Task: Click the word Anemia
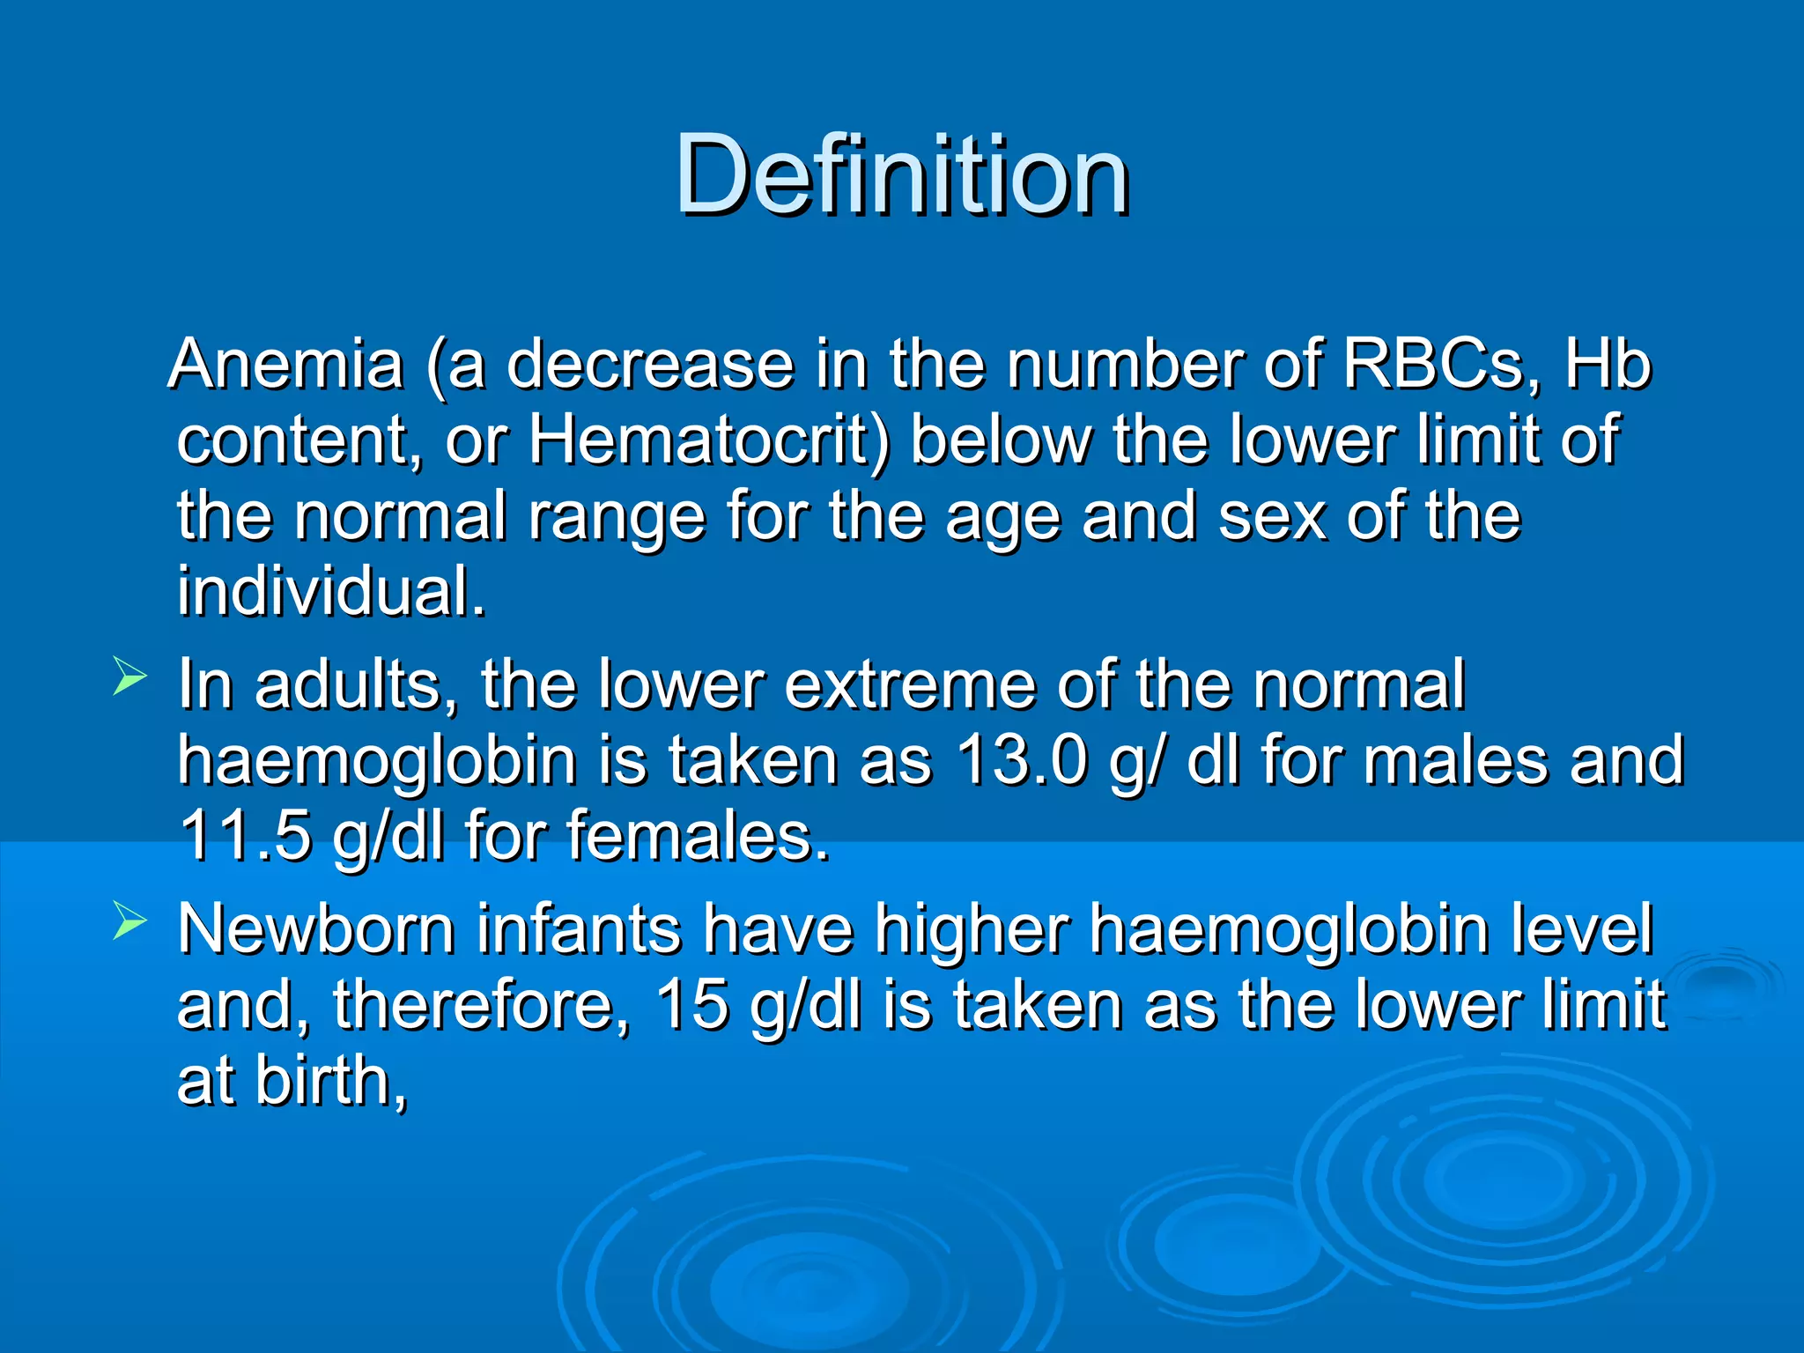(287, 364)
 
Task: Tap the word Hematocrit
(709, 440)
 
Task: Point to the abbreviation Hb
(1608, 364)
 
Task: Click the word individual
(330, 591)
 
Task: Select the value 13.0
(1022, 759)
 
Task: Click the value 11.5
(246, 835)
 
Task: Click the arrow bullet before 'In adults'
(129, 679)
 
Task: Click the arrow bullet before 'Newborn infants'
(129, 922)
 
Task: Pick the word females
(697, 835)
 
